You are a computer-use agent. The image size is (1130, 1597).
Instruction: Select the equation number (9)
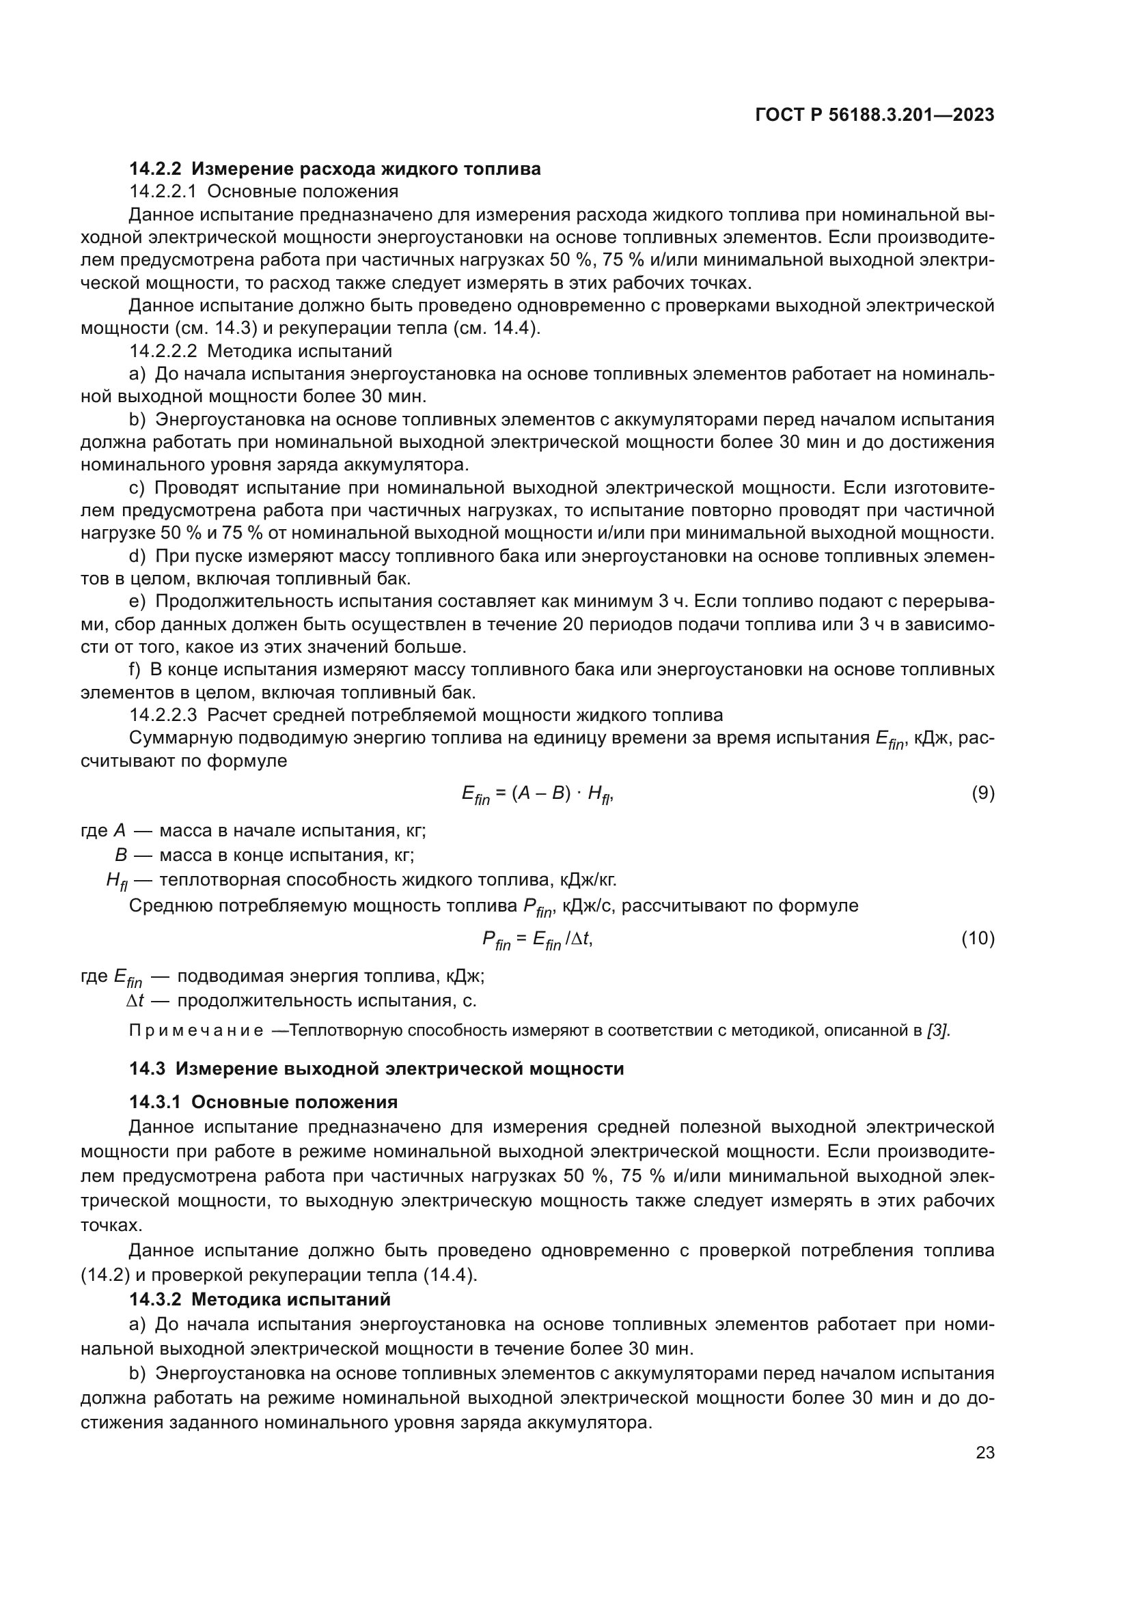pyautogui.click(x=982, y=793)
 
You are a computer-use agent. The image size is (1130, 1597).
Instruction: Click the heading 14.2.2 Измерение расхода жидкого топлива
pyautogui.click(x=335, y=169)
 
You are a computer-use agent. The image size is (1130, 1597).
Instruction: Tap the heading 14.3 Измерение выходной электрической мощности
pyautogui.click(x=376, y=1069)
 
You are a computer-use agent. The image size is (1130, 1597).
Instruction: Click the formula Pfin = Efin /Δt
pyautogui.click(x=537, y=940)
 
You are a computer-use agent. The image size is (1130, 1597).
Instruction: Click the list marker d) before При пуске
pyautogui.click(x=137, y=556)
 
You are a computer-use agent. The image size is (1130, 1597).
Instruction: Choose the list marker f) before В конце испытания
pyautogui.click(x=135, y=670)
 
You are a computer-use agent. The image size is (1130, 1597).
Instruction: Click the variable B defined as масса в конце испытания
pyautogui.click(x=120, y=855)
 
